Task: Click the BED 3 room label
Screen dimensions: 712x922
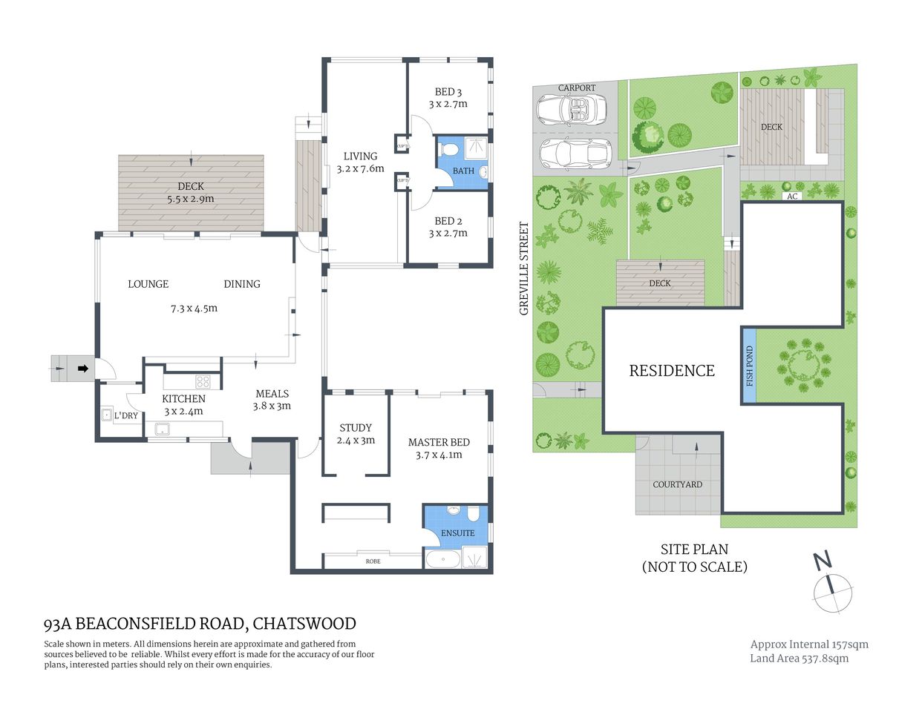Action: coord(448,92)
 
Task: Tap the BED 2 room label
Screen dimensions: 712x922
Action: coord(448,221)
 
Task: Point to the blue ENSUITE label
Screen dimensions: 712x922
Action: coord(457,533)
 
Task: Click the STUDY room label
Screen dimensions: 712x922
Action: coord(355,428)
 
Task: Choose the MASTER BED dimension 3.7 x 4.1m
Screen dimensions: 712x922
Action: coord(439,455)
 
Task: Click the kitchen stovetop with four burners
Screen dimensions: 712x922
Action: coord(203,382)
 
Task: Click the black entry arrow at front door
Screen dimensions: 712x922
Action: coord(82,368)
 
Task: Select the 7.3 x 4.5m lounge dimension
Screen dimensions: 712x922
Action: coord(194,308)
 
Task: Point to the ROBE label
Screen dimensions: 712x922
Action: coord(373,561)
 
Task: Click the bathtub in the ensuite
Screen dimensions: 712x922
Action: coord(442,560)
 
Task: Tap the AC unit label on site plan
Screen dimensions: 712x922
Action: coord(792,197)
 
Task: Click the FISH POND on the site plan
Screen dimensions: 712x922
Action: coord(749,366)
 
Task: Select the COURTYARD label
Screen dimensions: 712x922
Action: coord(677,484)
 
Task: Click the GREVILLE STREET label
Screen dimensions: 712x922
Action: coord(524,268)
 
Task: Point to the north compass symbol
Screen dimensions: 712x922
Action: coord(832,590)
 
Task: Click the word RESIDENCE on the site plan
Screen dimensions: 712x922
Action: coord(672,371)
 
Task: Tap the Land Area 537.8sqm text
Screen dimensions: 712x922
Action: coord(799,659)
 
